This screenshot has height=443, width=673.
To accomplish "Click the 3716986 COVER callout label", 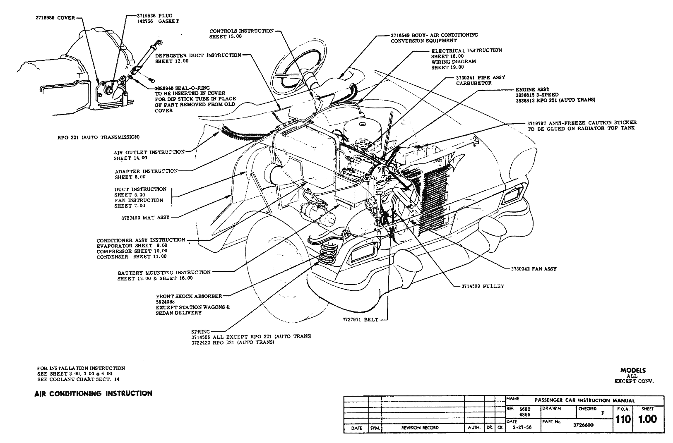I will coord(55,18).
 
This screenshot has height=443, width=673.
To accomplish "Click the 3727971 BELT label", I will coord(360,320).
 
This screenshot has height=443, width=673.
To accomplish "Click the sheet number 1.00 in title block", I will coord(647,419).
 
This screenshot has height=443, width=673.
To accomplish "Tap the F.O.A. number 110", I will coord(623,419).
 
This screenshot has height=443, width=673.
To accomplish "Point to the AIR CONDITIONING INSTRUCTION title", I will coord(93,393).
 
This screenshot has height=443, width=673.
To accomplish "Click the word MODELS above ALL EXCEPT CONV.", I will coord(633,371).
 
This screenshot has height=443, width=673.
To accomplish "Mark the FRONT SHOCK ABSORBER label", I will coord(189,296).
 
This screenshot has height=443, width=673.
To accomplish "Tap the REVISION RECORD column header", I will coord(420,428).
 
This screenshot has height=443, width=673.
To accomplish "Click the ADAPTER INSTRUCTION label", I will coord(146,171).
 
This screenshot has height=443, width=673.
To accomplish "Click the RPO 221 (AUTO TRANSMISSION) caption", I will coord(98,137).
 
